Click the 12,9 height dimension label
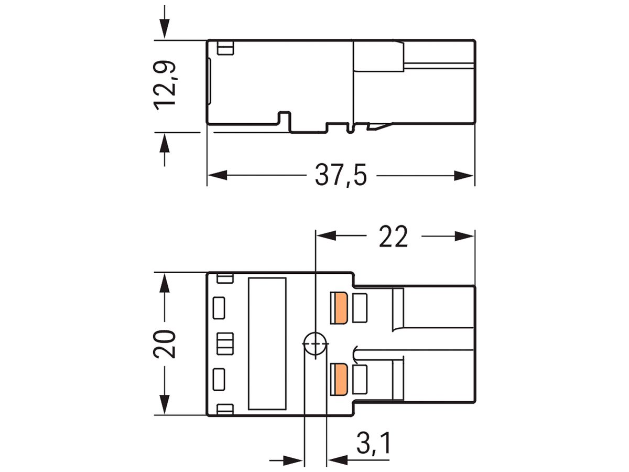[x=165, y=85]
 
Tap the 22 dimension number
[x=393, y=237]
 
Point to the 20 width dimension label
[x=165, y=344]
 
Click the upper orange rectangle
[x=340, y=308]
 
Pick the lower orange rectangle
[x=340, y=379]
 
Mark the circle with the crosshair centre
[x=314, y=344]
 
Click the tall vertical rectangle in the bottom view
[x=267, y=344]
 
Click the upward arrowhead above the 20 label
[x=165, y=284]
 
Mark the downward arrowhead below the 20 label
[x=165, y=404]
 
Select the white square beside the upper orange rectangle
[x=361, y=308]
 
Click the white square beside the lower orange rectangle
[x=361, y=379]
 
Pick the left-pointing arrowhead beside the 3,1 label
[x=335, y=461]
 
